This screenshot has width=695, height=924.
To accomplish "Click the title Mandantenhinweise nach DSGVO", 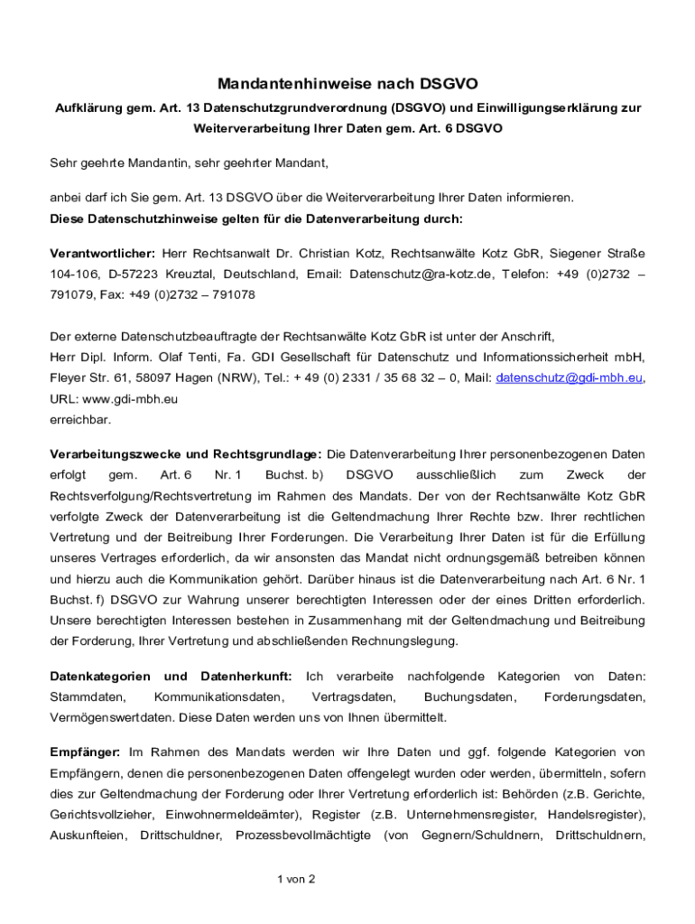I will [x=347, y=86].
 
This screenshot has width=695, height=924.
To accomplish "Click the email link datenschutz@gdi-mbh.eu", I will [x=570, y=378].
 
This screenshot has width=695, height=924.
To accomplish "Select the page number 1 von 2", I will [x=295, y=879].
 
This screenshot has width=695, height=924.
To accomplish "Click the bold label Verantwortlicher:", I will [x=102, y=254].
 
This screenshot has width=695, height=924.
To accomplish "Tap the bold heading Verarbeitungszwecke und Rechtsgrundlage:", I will [x=185, y=454].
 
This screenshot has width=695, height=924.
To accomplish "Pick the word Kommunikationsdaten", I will [x=218, y=698].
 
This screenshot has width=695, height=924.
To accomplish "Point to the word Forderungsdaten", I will [x=594, y=698].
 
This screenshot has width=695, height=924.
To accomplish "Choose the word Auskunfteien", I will [x=88, y=836].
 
